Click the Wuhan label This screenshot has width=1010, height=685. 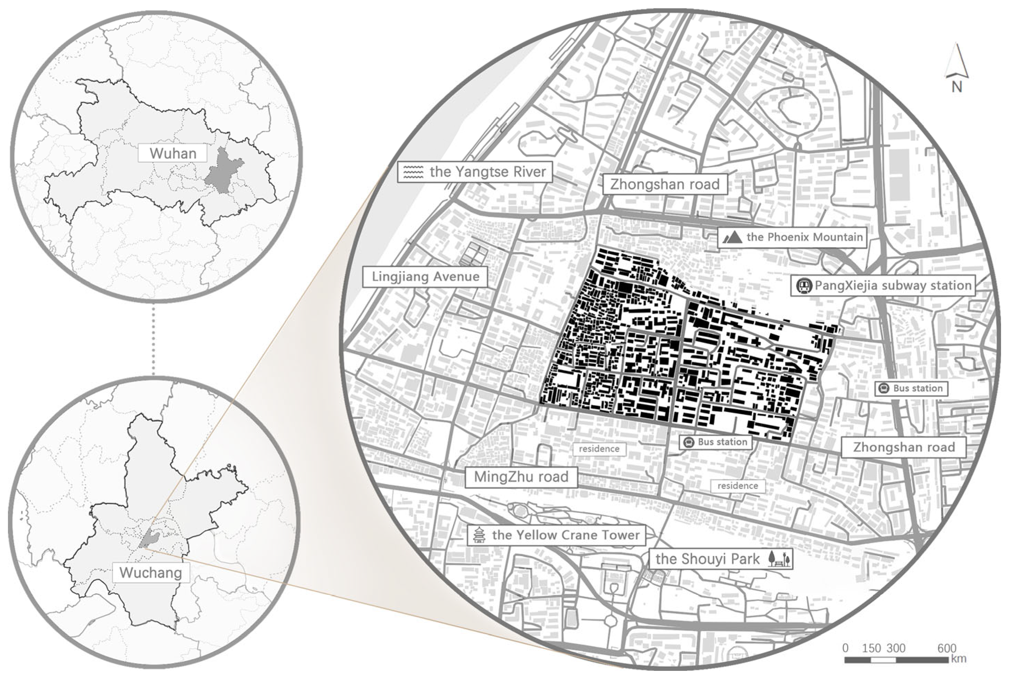(x=172, y=153)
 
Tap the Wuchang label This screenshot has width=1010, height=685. (x=150, y=573)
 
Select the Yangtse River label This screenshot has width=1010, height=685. (x=487, y=172)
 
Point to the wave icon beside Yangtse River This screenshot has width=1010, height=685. (x=413, y=172)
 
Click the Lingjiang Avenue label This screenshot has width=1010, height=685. (x=425, y=277)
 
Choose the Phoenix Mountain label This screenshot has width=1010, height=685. (x=804, y=237)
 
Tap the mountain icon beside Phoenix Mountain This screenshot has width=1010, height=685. (x=732, y=237)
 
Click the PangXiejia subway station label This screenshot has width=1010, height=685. (x=893, y=285)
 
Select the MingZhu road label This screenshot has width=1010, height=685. (x=521, y=477)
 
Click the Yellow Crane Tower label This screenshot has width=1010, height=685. (x=565, y=535)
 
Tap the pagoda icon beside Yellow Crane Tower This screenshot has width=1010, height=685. (x=479, y=535)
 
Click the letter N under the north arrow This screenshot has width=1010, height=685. (x=957, y=87)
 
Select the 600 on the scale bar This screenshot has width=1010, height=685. (x=947, y=649)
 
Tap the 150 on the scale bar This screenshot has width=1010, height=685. (x=871, y=649)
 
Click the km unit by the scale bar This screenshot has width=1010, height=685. (x=959, y=658)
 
